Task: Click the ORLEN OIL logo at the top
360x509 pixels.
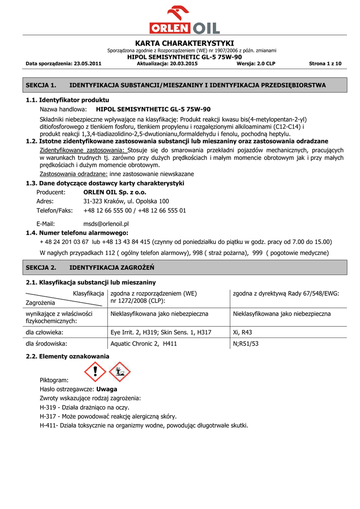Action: [184, 20]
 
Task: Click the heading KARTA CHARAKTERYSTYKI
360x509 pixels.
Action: [184, 43]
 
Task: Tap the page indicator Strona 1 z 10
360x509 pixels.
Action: [325, 64]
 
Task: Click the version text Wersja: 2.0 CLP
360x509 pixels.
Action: [256, 64]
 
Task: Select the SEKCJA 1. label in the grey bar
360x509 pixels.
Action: [41, 85]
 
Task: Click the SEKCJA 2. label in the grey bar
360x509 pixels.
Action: [41, 268]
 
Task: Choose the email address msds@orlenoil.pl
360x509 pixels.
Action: [106, 224]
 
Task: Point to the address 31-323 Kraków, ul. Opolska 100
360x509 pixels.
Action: [126, 201]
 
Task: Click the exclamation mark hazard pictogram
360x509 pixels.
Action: [94, 372]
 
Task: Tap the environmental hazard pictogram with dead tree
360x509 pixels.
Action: [119, 372]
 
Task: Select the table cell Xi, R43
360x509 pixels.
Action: [243, 332]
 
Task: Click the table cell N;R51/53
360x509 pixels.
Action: [246, 343]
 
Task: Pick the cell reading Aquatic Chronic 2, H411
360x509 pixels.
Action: [144, 343]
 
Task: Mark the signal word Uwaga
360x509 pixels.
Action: [106, 389]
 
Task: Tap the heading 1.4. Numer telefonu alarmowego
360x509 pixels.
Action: [77, 233]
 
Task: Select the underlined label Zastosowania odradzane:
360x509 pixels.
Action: [74, 174]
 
